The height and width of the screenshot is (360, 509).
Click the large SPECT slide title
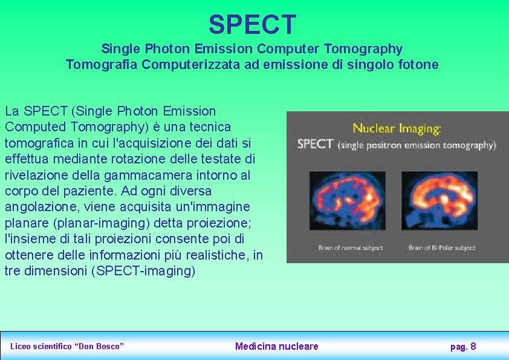click(x=253, y=24)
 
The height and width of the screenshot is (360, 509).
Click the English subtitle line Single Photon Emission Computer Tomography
click(x=251, y=48)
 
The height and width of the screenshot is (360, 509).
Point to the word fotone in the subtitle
click(x=419, y=64)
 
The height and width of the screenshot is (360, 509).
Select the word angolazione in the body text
click(x=36, y=208)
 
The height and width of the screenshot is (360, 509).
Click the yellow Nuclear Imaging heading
click(x=397, y=128)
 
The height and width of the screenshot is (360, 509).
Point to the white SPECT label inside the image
click(x=315, y=144)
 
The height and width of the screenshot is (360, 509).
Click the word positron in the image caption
click(x=390, y=145)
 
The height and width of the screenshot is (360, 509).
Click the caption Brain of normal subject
click(x=347, y=247)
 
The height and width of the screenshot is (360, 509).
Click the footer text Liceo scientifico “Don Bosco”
click(x=67, y=346)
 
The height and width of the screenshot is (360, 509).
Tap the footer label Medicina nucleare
click(x=276, y=346)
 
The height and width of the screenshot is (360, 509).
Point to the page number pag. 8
click(x=463, y=346)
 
